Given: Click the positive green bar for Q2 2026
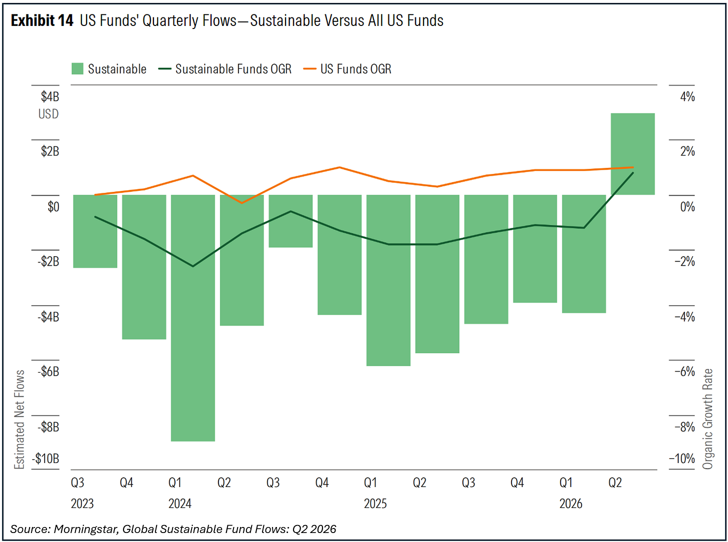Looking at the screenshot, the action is coord(632,154).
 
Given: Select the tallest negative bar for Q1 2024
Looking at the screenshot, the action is coord(192,318).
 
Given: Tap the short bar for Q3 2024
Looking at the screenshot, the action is coord(290,221).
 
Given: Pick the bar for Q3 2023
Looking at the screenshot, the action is coord(95,231).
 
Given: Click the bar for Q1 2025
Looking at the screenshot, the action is coord(388,280).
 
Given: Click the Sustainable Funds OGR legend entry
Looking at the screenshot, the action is coord(225,69).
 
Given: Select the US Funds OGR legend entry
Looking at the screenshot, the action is coord(347,69).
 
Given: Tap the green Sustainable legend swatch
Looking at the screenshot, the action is coord(77,69).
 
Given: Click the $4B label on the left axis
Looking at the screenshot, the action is coord(50,96).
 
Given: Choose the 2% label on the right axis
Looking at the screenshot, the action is coord(687,151).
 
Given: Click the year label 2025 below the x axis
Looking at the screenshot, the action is coord(375,504).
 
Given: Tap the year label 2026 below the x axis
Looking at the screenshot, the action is coord(571,504).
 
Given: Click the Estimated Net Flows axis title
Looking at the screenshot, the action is coord(19,420).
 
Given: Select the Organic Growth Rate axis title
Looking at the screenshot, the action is coord(707,419).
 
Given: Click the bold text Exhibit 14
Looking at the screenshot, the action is coord(42,20).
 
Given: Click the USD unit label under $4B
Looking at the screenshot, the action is coord(48,114).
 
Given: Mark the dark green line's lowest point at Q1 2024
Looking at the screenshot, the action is coord(193,266).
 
